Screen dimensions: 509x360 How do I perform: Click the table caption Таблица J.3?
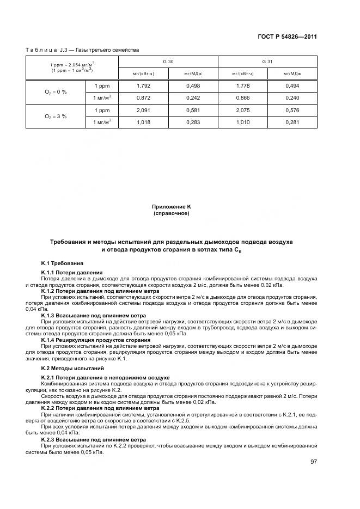pos(82,50)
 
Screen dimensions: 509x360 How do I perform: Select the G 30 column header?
pos(168,62)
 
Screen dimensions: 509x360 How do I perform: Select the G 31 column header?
pos(267,62)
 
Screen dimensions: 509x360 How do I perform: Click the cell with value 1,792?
pos(143,85)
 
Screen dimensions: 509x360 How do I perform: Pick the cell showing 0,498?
pos(193,85)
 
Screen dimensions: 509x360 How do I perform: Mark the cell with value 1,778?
pos(243,85)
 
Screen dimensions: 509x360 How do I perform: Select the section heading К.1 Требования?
pos(62,263)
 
